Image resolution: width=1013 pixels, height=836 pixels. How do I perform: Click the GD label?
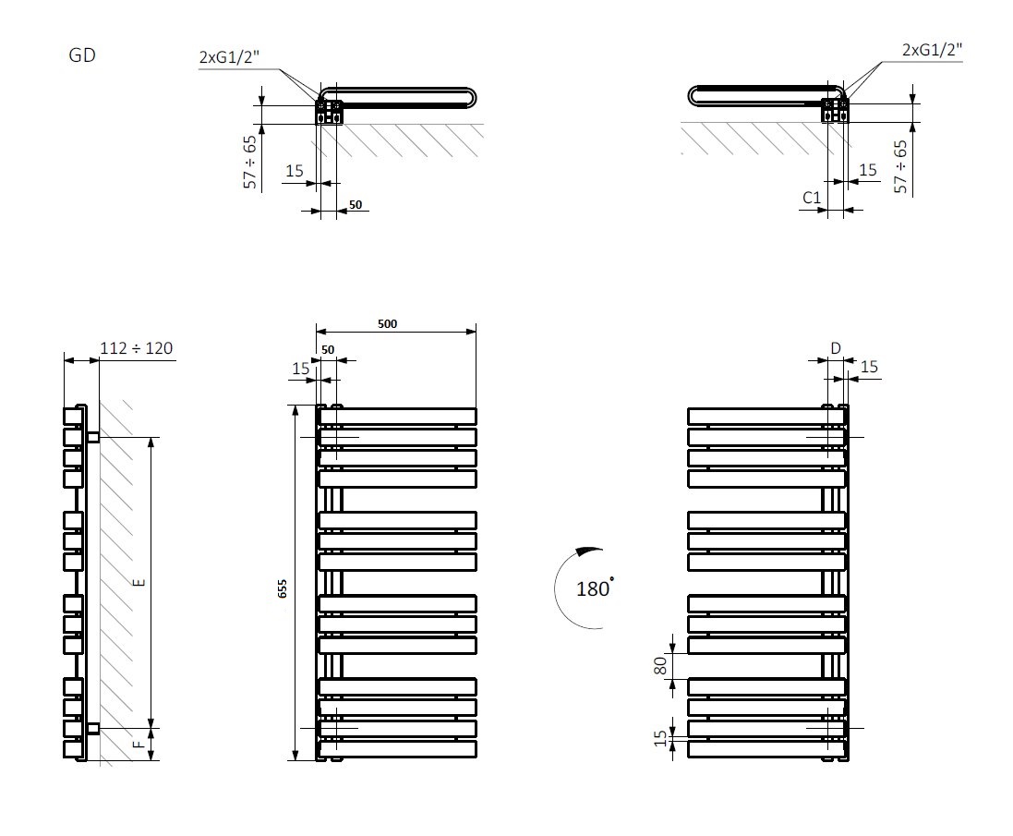pyautogui.click(x=82, y=55)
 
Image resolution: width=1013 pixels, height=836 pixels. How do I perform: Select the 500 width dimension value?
pyautogui.click(x=388, y=324)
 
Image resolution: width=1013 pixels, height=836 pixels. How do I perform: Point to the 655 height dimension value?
pyautogui.click(x=283, y=588)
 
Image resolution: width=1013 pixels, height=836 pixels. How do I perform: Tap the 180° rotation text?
pyautogui.click(x=594, y=588)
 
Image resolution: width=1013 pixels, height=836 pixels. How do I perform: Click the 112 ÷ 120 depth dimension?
pyautogui.click(x=136, y=348)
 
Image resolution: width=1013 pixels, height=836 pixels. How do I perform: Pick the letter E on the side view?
pyautogui.click(x=139, y=583)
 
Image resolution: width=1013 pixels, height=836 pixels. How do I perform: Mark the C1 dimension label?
pyautogui.click(x=812, y=197)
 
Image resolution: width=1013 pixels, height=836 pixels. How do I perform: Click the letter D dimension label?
pyautogui.click(x=836, y=348)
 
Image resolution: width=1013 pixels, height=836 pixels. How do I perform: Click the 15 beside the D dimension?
pyautogui.click(x=869, y=368)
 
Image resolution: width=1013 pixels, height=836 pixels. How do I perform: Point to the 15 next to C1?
pyautogui.click(x=867, y=170)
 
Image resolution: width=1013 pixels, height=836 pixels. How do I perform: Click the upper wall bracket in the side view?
pyautogui.click(x=92, y=436)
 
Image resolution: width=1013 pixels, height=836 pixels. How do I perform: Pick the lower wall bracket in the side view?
pyautogui.click(x=92, y=729)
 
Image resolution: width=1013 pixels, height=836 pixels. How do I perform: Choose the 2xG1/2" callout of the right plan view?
pyautogui.click(x=932, y=50)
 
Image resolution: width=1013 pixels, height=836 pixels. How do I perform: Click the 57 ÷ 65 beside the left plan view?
pyautogui.click(x=249, y=163)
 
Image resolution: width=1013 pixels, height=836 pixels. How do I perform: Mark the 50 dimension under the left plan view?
pyautogui.click(x=356, y=205)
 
